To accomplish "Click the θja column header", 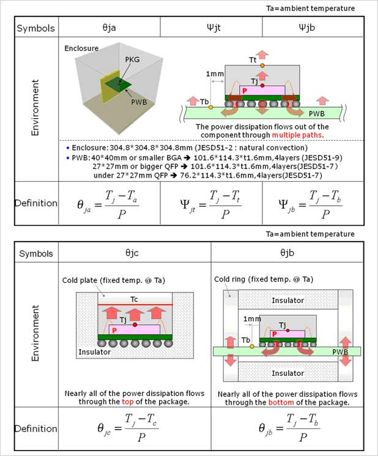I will (110, 28).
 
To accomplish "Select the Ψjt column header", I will (211, 28).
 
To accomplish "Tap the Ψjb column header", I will (313, 28).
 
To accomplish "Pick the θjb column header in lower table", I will (287, 252).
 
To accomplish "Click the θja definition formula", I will (110, 203).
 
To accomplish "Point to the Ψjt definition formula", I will (211, 203).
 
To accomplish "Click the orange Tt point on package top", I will (262, 65).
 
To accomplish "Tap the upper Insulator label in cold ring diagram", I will (287, 301).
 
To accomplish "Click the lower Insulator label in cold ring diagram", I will (287, 373).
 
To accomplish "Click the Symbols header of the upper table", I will (36, 28).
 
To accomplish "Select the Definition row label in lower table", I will (36, 428).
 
